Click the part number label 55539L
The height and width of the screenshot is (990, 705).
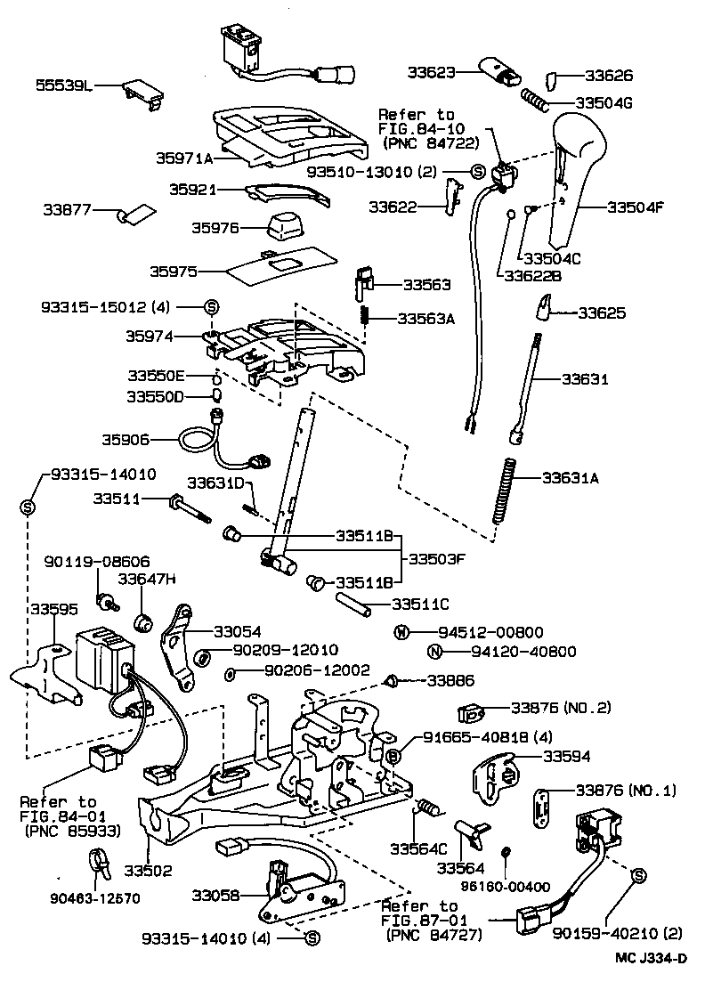click(63, 85)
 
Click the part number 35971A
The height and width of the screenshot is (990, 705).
click(184, 158)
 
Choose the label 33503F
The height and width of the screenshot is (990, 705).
click(438, 559)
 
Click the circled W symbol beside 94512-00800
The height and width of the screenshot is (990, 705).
click(402, 633)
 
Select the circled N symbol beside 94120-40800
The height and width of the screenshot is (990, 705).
click(434, 652)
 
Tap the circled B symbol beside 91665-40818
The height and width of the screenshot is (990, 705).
click(393, 755)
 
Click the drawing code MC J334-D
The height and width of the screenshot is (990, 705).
click(650, 958)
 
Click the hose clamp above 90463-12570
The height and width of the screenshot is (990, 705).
click(101, 862)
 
